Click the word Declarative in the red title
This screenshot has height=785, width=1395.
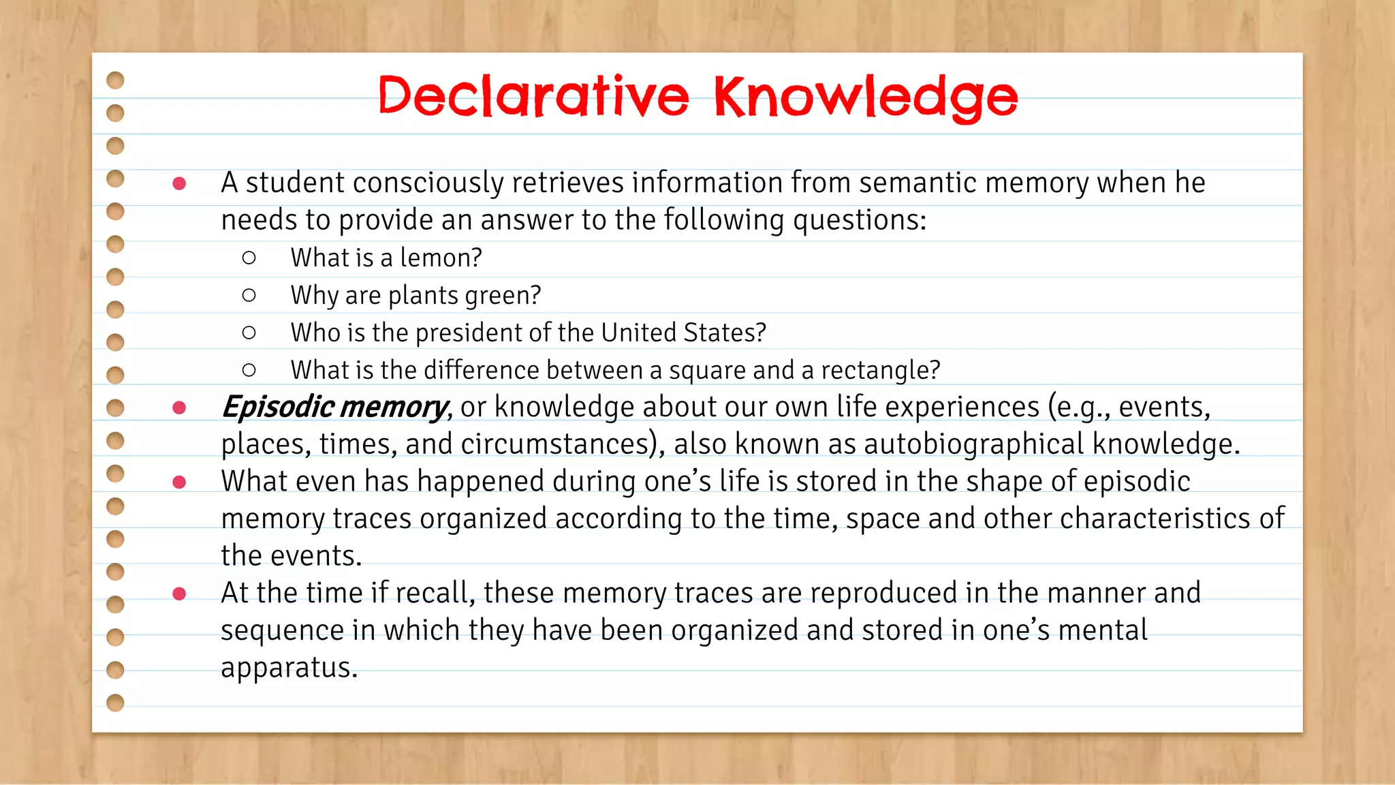click(533, 97)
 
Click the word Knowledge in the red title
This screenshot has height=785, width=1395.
click(865, 98)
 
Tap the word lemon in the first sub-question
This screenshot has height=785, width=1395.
click(441, 258)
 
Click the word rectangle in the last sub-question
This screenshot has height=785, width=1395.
click(879, 371)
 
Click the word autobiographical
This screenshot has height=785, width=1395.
click(973, 444)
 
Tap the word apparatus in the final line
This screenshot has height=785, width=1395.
click(288, 668)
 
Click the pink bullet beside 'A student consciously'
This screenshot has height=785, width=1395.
click(180, 183)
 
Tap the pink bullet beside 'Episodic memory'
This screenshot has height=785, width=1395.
click(180, 407)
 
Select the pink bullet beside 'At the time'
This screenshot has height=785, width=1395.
click(180, 594)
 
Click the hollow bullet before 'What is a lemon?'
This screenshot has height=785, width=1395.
click(249, 258)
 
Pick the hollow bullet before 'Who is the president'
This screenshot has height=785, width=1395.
click(249, 333)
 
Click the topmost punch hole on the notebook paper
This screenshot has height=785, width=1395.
click(116, 80)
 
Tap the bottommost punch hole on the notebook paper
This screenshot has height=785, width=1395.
click(116, 702)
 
